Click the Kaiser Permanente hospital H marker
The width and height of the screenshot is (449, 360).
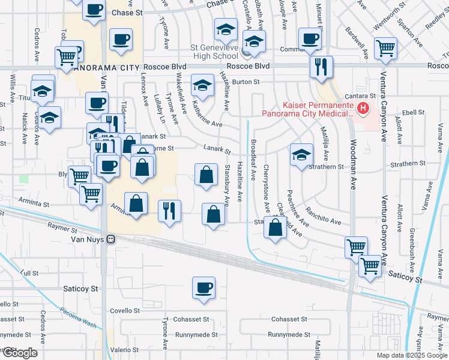[x=363, y=109]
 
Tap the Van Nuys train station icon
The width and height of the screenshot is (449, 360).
[x=110, y=239]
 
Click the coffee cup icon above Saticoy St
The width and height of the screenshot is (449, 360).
[x=203, y=287]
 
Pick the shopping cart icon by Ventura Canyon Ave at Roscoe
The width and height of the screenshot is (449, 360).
[x=385, y=48]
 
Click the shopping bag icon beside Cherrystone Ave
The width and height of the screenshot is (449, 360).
[x=275, y=228]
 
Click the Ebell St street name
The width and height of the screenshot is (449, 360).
[x=413, y=112]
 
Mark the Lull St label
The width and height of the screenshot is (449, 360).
[x=29, y=273]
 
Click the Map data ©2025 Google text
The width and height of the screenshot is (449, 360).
[x=411, y=355]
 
